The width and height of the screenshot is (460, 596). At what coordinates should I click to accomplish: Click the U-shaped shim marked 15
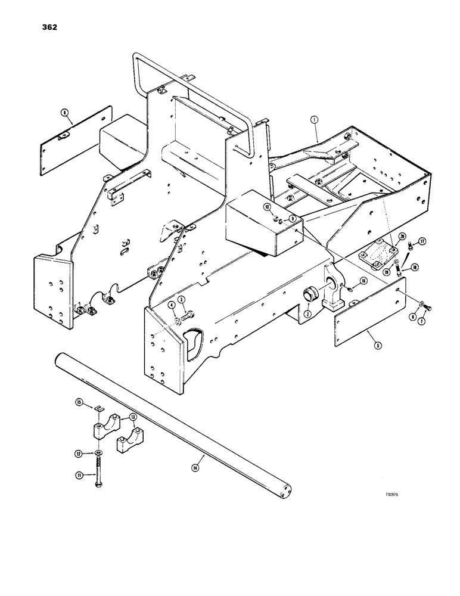coord(100,408)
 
